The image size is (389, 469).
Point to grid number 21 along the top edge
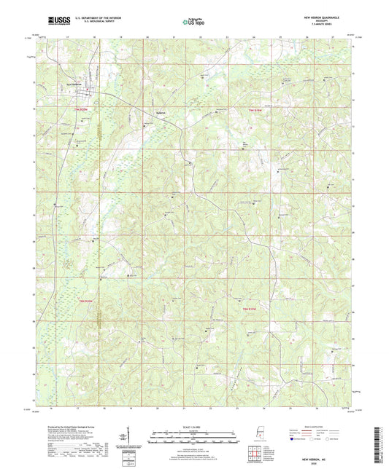(174, 35)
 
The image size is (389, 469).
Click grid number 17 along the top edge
(66, 35)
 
